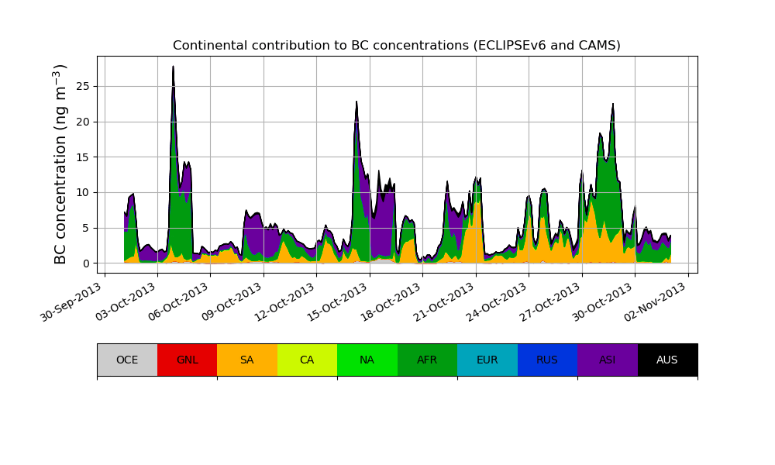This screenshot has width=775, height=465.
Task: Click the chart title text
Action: coord(396,46)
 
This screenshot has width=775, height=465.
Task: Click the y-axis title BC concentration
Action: coord(61,164)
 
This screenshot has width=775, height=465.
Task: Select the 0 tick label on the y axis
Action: coord(86,263)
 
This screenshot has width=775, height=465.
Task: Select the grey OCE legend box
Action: coord(127,360)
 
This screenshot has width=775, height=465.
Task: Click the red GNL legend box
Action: coord(187,360)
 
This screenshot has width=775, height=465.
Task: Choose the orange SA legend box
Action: coord(246,360)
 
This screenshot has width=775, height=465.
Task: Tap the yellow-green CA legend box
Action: coord(307,360)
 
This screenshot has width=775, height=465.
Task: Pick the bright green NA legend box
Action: coord(367,360)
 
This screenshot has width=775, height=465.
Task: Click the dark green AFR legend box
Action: coord(427,360)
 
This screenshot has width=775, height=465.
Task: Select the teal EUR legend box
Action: coord(487,360)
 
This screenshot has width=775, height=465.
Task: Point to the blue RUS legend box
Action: coord(547,360)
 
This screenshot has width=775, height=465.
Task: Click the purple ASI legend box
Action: coord(608,360)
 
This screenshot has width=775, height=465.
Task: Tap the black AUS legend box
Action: coord(667,360)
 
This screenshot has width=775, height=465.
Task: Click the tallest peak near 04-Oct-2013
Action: coord(173,67)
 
